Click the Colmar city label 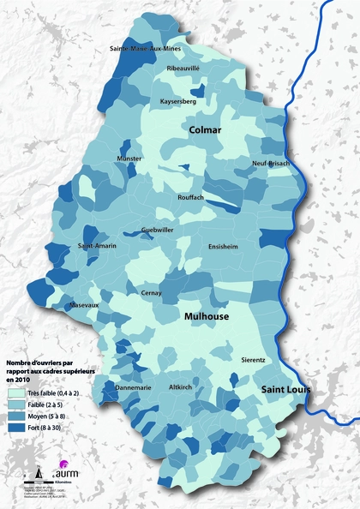coord(206,130)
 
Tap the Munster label coord(129,159)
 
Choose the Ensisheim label coord(223,246)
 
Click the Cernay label coord(152,293)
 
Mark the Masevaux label coord(85,305)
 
